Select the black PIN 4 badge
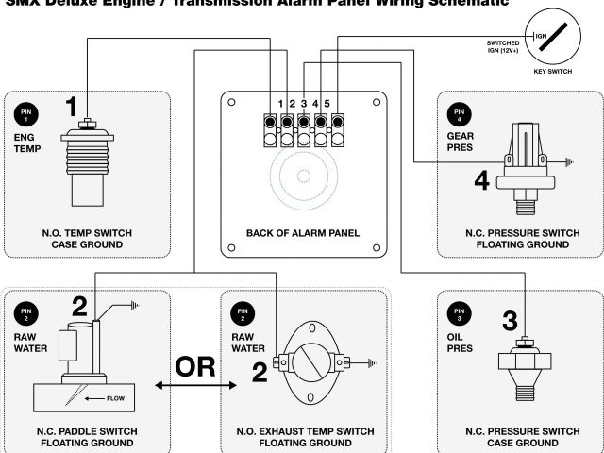click(x=460, y=115)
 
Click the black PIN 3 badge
click(x=460, y=312)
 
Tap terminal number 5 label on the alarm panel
click(x=327, y=102)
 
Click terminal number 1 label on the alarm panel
click(x=281, y=102)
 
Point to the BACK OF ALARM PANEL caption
click(x=302, y=233)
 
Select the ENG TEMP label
click(x=27, y=143)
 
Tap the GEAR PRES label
click(x=461, y=143)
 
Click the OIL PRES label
click(x=461, y=341)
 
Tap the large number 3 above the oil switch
click(x=511, y=320)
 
